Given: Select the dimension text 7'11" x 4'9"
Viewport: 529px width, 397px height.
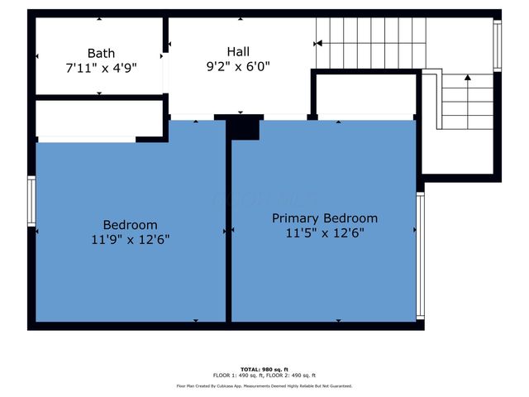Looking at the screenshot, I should click(x=100, y=68).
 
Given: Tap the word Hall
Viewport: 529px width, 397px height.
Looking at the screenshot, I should click(x=239, y=50).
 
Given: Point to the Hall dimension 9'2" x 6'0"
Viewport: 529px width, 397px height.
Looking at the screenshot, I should click(x=239, y=65).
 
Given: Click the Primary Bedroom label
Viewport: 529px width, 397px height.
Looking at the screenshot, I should click(x=325, y=218).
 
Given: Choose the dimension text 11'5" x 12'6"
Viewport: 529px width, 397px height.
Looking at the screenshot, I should click(x=325, y=233).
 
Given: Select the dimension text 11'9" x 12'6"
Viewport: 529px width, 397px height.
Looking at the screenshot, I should click(x=130, y=240).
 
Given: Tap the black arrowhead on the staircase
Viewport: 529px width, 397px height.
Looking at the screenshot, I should click(x=468, y=78).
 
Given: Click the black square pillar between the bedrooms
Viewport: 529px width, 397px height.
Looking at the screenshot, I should click(x=244, y=128).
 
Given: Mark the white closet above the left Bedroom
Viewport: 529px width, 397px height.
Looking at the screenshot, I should click(x=98, y=119).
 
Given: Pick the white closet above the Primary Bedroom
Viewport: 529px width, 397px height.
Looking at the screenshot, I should click(x=365, y=95).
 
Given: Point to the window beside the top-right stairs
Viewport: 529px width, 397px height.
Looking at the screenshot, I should click(x=498, y=46).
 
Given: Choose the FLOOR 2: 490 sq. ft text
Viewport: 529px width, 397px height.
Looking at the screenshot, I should click(x=290, y=375).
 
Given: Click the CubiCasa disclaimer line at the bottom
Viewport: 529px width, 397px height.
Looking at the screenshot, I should click(x=264, y=385).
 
